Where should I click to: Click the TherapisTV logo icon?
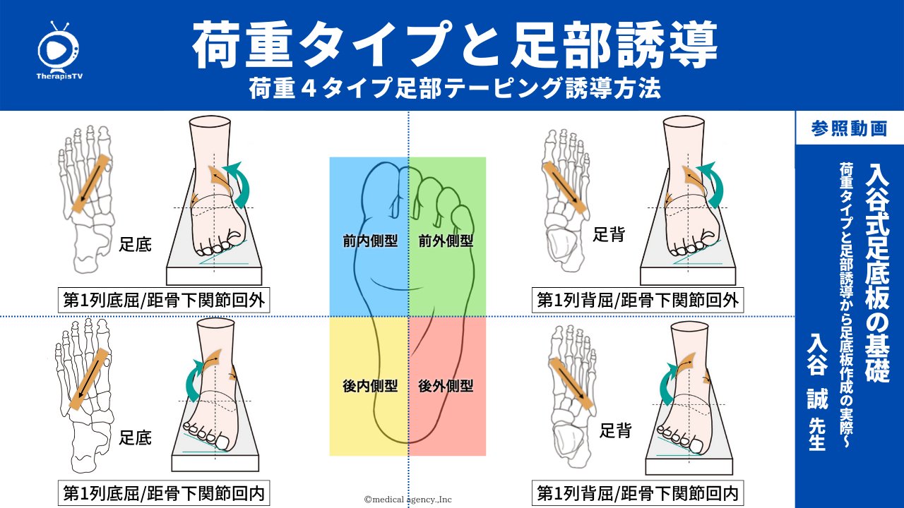58,47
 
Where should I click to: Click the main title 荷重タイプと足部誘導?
455,43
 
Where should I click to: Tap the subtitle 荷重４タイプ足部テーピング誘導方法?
455,89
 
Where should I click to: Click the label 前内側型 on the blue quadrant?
369,241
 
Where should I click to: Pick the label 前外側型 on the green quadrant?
446,241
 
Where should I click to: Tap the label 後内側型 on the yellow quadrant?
369,386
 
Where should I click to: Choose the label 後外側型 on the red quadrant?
446,386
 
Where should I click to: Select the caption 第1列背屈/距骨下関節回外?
638,301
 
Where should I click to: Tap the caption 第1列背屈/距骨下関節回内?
638,493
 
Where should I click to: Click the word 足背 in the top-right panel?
608,235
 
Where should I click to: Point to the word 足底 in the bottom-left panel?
135,437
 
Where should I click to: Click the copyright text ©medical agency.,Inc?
408,500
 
